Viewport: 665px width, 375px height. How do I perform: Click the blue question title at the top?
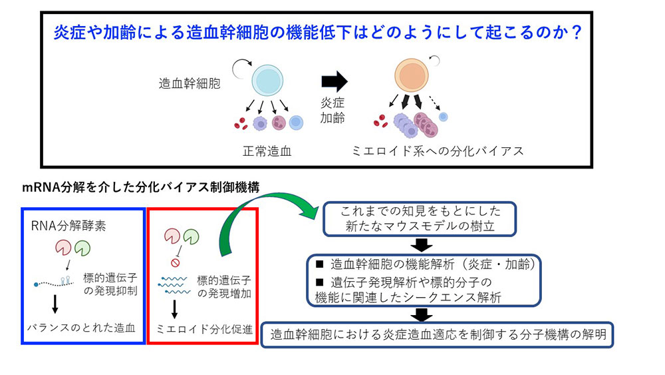click(x=317, y=32)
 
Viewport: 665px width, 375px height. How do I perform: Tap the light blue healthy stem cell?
click(x=267, y=81)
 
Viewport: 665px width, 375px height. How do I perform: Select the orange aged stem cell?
click(x=412, y=75)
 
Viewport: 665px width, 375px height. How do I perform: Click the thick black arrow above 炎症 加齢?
click(x=334, y=81)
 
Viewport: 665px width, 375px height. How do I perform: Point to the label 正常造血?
click(x=267, y=151)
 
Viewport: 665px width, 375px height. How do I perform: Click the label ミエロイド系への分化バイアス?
click(x=438, y=151)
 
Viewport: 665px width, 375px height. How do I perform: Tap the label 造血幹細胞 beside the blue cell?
click(x=190, y=83)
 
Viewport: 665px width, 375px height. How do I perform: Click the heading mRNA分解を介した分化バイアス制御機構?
click(x=141, y=187)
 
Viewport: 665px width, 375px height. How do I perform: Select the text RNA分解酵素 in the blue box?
click(x=68, y=226)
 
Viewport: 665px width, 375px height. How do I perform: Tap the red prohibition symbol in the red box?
click(x=175, y=263)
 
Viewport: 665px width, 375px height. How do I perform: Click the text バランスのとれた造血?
click(x=81, y=328)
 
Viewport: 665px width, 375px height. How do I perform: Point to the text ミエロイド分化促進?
click(x=204, y=329)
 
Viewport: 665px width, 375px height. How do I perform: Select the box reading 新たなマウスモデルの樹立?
click(x=420, y=218)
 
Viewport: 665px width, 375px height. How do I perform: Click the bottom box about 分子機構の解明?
click(x=438, y=334)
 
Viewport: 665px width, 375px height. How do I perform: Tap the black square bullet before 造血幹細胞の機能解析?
click(x=320, y=264)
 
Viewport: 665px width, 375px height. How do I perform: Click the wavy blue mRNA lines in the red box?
click(x=174, y=285)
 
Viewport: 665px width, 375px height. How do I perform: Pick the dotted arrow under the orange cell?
click(x=434, y=103)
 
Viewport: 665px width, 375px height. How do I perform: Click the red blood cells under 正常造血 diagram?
click(x=241, y=123)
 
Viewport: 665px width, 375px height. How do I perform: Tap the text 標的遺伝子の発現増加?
click(x=224, y=287)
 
